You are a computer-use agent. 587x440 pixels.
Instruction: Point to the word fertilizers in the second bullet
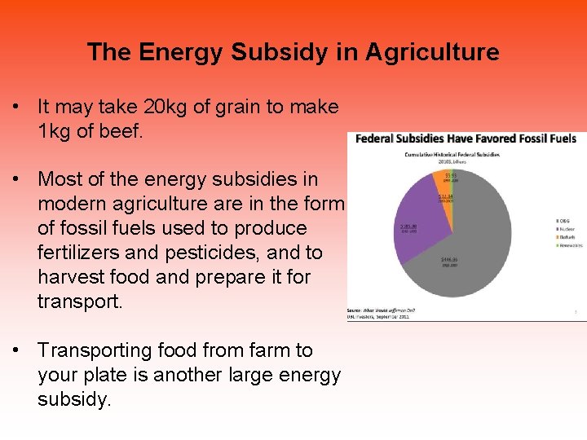[x=80, y=253]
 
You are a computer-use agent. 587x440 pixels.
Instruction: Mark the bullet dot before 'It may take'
[x=15, y=107]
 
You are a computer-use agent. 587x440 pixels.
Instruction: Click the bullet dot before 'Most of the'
[x=15, y=179]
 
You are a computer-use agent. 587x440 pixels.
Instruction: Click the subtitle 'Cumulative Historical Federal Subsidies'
[x=452, y=154]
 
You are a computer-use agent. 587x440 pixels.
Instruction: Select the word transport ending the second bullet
[x=78, y=301]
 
